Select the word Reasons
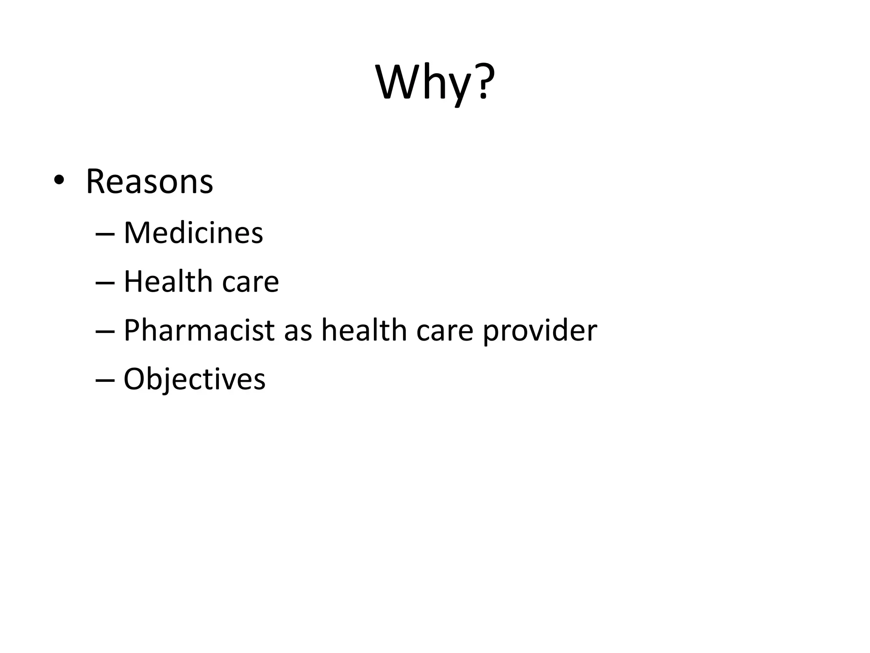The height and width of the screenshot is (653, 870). point(149,182)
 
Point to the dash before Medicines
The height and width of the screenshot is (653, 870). point(105,234)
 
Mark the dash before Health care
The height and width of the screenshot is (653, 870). point(105,282)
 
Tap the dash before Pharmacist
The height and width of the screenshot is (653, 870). point(105,331)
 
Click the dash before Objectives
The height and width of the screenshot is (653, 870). point(105,379)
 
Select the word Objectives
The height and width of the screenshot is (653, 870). point(194,379)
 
